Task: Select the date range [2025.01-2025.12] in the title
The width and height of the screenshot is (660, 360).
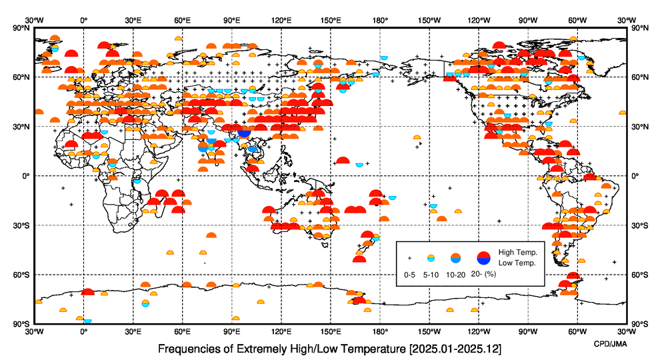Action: pyautogui.click(x=455, y=349)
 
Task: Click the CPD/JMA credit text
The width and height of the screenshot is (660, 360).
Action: pyautogui.click(x=610, y=342)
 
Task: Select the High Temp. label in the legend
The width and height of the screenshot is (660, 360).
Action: pyautogui.click(x=518, y=252)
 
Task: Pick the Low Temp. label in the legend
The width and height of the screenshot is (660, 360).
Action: pyautogui.click(x=517, y=263)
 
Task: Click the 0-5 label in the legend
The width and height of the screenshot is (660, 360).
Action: pyautogui.click(x=410, y=274)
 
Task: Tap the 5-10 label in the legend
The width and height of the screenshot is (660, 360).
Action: pyautogui.click(x=431, y=274)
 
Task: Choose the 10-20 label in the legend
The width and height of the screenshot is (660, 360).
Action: pyautogui.click(x=455, y=274)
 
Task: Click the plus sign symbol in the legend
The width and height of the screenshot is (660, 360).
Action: pyautogui.click(x=410, y=257)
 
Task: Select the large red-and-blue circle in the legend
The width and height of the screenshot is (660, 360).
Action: pyautogui.click(x=485, y=257)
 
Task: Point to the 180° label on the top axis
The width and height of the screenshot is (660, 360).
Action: pyautogui.click(x=380, y=20)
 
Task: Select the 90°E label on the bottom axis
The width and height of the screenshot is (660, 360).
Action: pyautogui.click(x=232, y=331)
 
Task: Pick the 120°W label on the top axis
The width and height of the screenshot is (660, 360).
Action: pyautogui.click(x=479, y=20)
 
